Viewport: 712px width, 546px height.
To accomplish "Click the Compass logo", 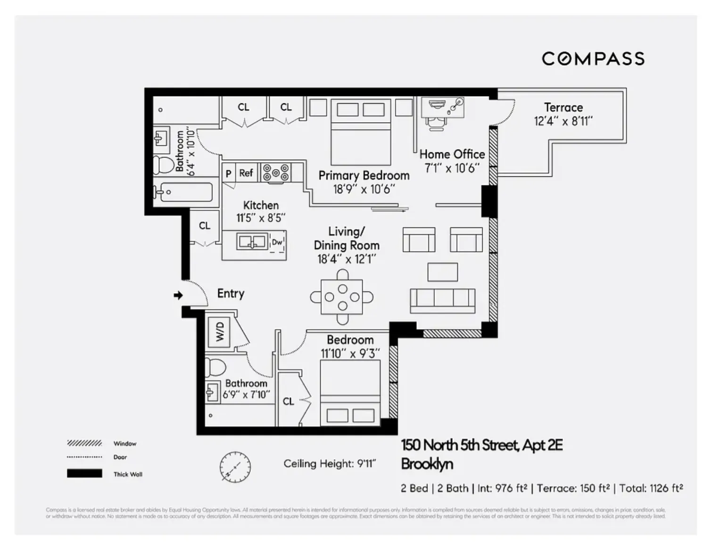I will click(x=593, y=59).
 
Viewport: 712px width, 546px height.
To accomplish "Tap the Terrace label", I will click(x=563, y=108).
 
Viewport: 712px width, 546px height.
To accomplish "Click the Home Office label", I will click(x=452, y=154).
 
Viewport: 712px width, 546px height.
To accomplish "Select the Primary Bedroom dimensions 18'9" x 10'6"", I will click(x=364, y=189).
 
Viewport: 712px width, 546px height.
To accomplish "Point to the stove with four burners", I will click(x=276, y=173).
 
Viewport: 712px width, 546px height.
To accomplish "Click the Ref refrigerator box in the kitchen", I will click(x=246, y=173).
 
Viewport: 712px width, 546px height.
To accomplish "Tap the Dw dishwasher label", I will click(x=277, y=242).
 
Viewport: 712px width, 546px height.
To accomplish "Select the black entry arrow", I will click(x=178, y=296).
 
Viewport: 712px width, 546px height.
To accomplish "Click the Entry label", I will click(x=231, y=293).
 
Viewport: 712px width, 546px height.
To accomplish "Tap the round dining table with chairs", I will click(x=342, y=297).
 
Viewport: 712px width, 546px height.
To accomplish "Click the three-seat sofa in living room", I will click(x=442, y=300).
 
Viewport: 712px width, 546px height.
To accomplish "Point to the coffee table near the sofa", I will click(x=442, y=272).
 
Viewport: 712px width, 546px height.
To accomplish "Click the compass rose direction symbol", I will click(x=235, y=467).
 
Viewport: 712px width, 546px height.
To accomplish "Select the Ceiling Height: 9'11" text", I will click(x=330, y=464).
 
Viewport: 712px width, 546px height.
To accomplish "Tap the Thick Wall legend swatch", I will click(x=84, y=473).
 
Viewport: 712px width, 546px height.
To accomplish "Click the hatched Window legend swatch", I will click(x=84, y=443).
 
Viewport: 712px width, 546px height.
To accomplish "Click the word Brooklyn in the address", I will click(x=427, y=464).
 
